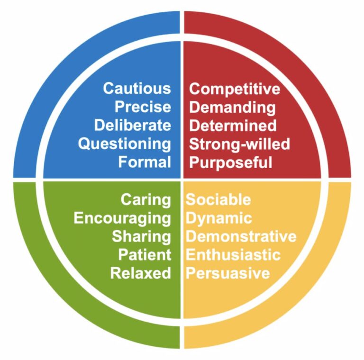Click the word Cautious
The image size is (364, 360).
pyautogui.click(x=137, y=89)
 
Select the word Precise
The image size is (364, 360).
pyautogui.click(x=143, y=107)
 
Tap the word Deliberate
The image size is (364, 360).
pyautogui.click(x=133, y=126)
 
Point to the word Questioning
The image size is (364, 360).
pyautogui.click(x=125, y=144)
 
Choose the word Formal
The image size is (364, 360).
pyautogui.click(x=145, y=162)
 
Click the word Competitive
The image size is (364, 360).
pyautogui.click(x=235, y=89)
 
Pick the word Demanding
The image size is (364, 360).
pyautogui.click(x=232, y=107)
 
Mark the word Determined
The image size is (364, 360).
pyautogui.click(x=233, y=126)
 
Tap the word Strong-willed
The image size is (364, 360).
pyautogui.click(x=239, y=144)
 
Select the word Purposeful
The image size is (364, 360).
pyautogui.click(x=231, y=162)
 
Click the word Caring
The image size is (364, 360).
pyautogui.click(x=146, y=199)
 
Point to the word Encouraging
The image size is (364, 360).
pyautogui.click(x=122, y=218)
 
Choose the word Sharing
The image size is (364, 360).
pyautogui.click(x=142, y=236)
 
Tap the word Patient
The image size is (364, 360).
pyautogui.click(x=145, y=255)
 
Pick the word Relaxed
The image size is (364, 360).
pyautogui.click(x=141, y=273)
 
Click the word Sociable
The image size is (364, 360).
pyautogui.click(x=218, y=199)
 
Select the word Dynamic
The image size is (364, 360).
pyautogui.click(x=218, y=218)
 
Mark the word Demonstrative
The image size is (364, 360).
pyautogui.click(x=241, y=236)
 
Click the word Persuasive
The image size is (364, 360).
pyautogui.click(x=228, y=273)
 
